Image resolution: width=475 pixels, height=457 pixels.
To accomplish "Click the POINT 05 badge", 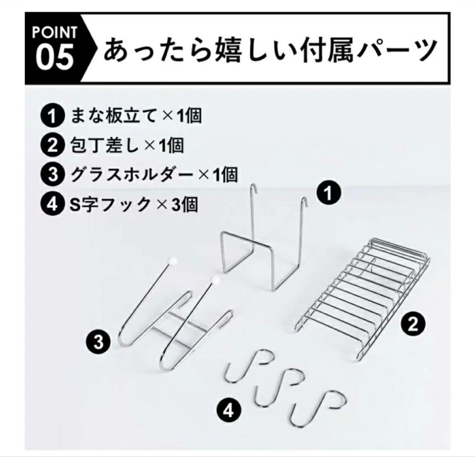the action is coord(55,48).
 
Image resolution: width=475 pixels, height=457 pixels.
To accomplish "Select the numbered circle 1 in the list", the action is coord(52,116).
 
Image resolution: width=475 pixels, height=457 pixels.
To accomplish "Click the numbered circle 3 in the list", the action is coord(52,175).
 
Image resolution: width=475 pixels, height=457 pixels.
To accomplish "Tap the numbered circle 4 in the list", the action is coord(52,204).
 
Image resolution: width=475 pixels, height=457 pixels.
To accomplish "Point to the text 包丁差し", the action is coord(105,145).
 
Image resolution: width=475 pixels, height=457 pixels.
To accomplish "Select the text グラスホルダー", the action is coord(132,175).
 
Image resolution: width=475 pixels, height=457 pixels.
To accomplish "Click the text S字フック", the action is coord(110,204).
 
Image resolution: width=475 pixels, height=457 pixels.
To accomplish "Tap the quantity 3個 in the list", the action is coord(185,204).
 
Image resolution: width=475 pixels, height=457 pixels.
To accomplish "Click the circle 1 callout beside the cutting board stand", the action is coord(329,193).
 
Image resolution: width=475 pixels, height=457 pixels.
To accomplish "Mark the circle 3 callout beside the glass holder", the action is coord(99,342).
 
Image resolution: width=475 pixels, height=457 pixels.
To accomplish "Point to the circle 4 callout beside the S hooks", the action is coord(230,411).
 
